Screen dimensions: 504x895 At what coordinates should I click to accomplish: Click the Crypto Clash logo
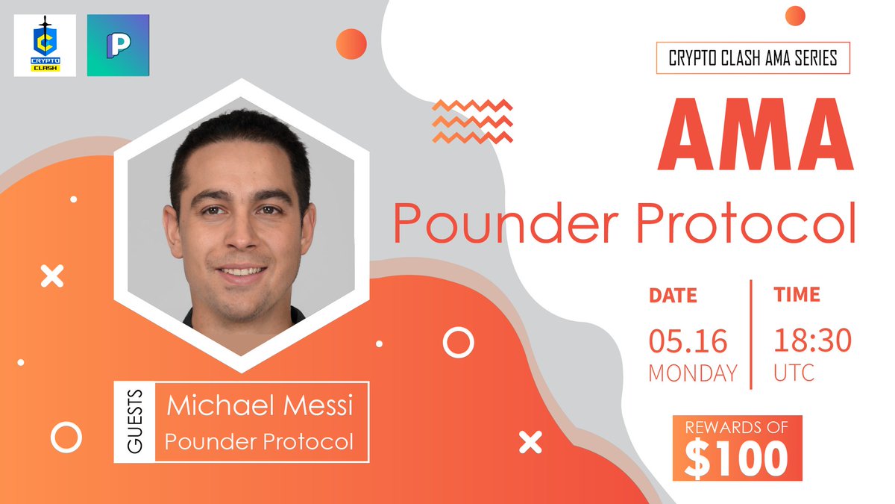[x=45, y=46]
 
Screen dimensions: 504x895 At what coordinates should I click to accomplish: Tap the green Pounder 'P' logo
[x=118, y=46]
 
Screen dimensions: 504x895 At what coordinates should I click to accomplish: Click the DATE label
[x=673, y=295]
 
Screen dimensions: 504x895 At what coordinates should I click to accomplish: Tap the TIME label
[x=797, y=294]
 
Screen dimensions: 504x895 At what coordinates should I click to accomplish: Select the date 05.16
[x=687, y=341]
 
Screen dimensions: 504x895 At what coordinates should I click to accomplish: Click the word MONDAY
[x=693, y=372]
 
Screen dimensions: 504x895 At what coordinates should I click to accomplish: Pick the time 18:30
[x=811, y=341]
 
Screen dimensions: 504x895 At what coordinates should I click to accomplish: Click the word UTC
[x=794, y=372]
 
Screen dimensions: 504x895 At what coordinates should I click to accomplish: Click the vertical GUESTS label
[x=135, y=423]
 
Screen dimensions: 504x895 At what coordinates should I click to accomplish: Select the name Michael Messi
[x=259, y=407]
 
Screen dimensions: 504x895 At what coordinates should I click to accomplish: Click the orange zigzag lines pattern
[x=472, y=120]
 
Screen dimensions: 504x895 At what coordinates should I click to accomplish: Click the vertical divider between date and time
[x=751, y=335]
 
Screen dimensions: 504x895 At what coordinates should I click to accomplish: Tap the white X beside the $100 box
[x=530, y=443]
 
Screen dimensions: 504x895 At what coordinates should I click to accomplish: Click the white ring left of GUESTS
[x=66, y=437]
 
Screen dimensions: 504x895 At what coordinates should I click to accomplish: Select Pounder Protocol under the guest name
[x=259, y=441]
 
